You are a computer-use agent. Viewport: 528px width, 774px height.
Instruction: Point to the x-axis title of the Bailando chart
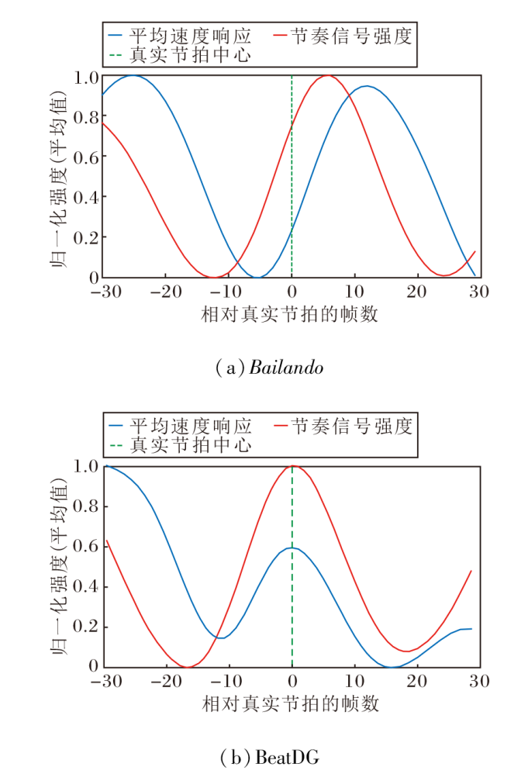[291, 314]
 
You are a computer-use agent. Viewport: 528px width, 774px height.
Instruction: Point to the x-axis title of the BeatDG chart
[291, 703]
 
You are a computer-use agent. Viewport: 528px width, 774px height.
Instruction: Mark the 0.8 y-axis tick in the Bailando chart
[87, 117]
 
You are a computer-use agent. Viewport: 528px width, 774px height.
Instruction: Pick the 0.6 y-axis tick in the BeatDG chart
[87, 547]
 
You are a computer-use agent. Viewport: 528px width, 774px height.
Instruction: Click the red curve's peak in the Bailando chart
[329, 76]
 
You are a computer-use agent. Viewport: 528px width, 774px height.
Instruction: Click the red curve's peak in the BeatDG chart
[292, 466]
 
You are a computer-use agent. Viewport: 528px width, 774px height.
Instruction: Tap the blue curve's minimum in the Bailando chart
[260, 277]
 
